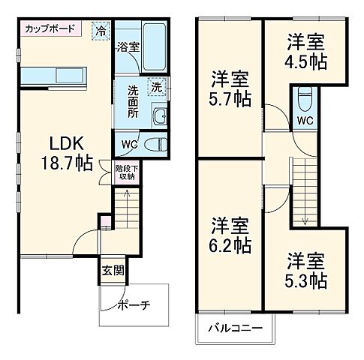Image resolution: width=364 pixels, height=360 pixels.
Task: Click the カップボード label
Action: [50, 29]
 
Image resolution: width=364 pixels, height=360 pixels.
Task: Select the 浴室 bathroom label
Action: [128, 46]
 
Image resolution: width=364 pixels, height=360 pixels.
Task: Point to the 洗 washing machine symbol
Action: [156, 86]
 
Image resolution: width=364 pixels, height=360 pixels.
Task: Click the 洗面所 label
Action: [133, 101]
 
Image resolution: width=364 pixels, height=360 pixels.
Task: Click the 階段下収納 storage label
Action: [125, 172]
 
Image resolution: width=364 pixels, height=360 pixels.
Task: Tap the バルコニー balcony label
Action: [236, 328]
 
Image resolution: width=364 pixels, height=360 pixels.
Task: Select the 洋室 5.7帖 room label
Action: [230, 88]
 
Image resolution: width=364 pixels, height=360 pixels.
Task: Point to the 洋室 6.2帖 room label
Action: [230, 235]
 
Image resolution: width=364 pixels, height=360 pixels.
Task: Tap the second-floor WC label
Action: [305, 120]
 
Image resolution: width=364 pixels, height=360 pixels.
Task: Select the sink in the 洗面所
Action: [158, 115]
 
